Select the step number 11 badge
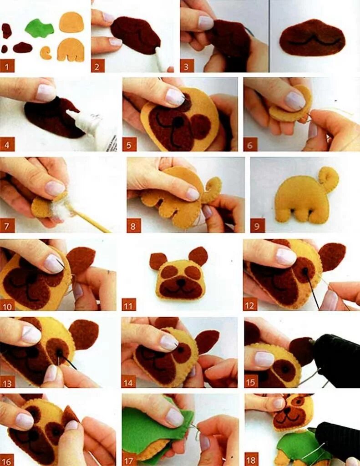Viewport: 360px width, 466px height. click(x=129, y=304)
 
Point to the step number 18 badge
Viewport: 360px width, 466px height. click(x=251, y=460)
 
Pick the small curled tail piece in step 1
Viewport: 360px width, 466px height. click(x=46, y=53)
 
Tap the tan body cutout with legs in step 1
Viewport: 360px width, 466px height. click(x=71, y=50)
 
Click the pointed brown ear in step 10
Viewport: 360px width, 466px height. click(x=81, y=260)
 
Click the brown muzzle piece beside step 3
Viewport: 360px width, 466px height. click(x=312, y=38)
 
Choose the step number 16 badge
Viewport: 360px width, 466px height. click(x=7, y=460)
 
